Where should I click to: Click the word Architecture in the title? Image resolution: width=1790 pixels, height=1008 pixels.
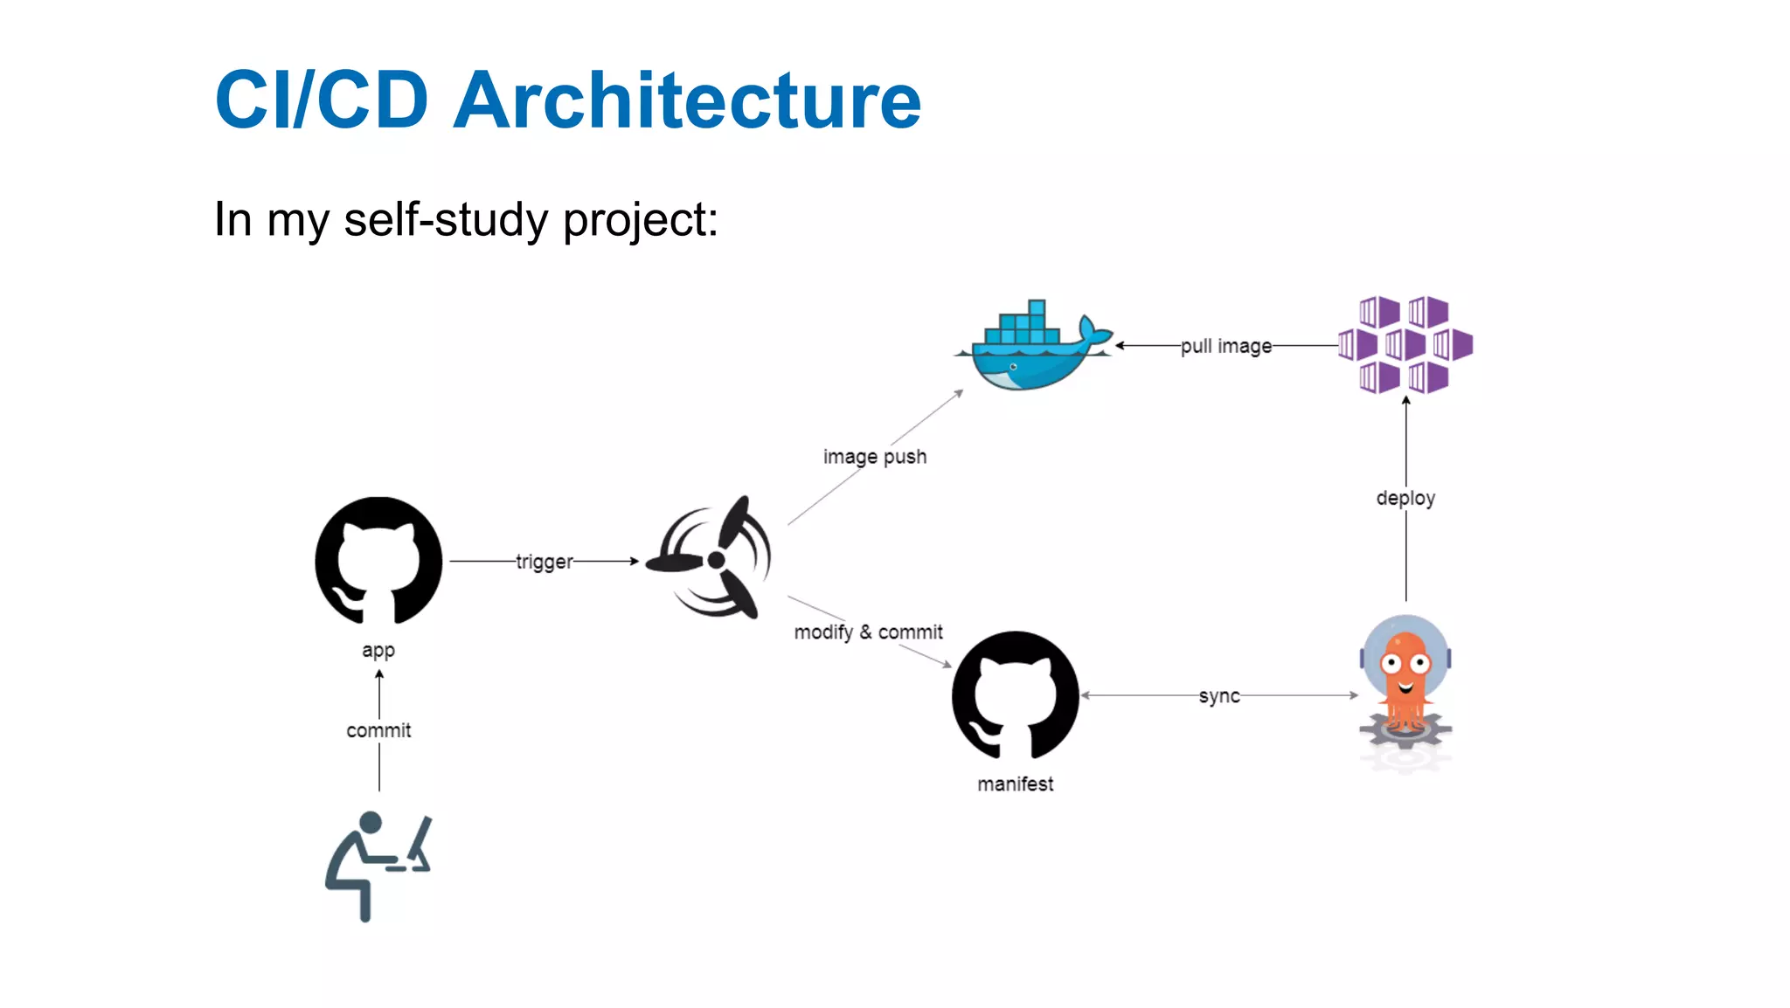tap(687, 100)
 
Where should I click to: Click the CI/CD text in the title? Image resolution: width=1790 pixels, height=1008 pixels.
tap(322, 100)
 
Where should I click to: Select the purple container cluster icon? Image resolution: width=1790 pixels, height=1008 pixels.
tap(1405, 345)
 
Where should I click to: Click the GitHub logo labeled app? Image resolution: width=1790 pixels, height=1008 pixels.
tap(378, 561)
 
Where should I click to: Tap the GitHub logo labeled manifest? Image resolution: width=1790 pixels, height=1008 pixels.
tap(1016, 695)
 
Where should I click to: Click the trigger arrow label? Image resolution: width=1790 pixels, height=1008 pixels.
tap(544, 562)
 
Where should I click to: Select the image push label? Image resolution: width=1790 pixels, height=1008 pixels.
tap(874, 457)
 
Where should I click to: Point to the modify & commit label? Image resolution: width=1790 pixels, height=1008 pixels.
tap(868, 632)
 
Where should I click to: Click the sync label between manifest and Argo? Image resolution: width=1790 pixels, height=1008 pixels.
tap(1218, 696)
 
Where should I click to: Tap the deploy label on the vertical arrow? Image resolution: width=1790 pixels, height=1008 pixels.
tap(1405, 498)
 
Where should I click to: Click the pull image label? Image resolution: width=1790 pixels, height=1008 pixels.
tap(1226, 346)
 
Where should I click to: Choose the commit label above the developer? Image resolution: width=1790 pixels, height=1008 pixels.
tap(378, 730)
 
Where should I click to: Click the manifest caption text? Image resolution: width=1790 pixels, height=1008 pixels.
tap(1015, 784)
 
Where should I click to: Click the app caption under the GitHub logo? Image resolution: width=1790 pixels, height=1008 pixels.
tap(378, 651)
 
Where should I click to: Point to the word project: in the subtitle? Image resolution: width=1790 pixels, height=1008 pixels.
tap(640, 219)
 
